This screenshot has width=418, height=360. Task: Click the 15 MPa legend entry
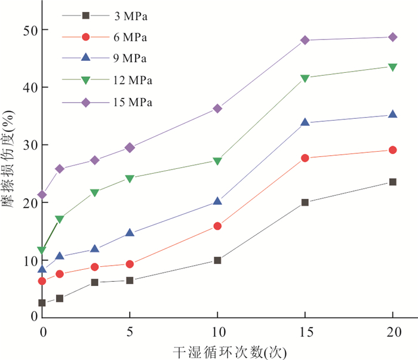(132, 102)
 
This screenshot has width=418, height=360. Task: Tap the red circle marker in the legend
(85, 37)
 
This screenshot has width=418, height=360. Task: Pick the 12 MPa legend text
(132, 80)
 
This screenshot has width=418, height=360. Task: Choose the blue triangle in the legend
(85, 59)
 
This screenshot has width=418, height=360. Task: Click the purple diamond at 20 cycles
(393, 37)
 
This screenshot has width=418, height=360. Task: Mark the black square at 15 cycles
(305, 202)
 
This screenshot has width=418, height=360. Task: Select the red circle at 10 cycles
(217, 226)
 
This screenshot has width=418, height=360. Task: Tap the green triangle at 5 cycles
(130, 179)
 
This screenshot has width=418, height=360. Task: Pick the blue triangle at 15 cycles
(305, 122)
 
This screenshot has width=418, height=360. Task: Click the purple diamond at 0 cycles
(42, 195)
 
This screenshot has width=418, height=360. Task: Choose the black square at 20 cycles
(393, 182)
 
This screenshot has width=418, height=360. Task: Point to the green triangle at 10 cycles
(217, 161)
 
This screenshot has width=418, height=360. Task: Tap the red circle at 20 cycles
(393, 150)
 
